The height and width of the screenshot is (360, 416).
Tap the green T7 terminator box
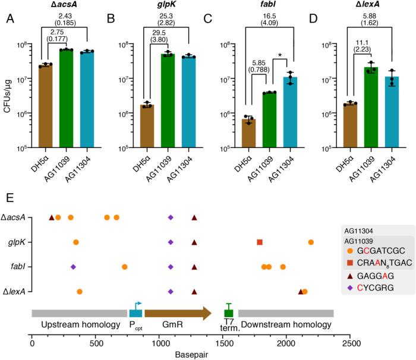(228, 313)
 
